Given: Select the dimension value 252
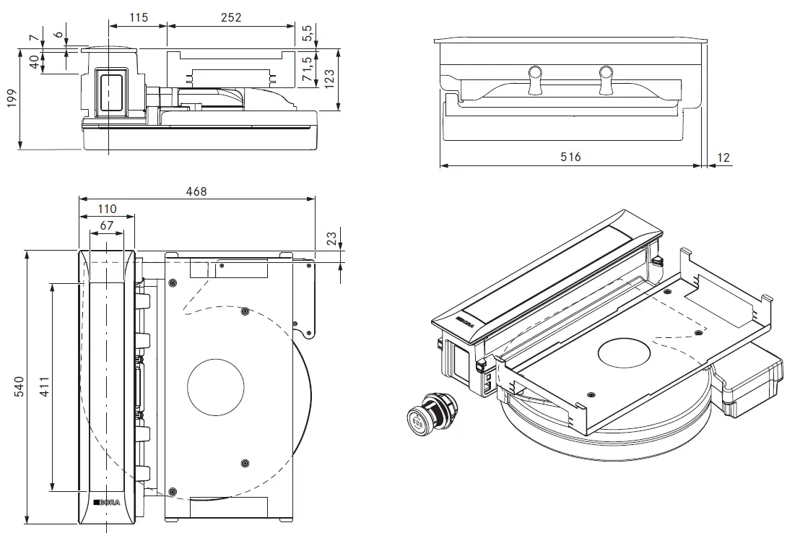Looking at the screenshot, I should pos(231,17).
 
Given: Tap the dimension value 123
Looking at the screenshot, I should pos(329,78).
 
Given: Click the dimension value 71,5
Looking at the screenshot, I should pos(307,69).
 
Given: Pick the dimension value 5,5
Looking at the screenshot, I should pos(307,33).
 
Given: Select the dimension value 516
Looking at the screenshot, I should pos(570,157).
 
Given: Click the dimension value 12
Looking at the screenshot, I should pos(724,157).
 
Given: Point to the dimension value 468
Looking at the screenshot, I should pos(196,191).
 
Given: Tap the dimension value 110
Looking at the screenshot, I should pos(106,209).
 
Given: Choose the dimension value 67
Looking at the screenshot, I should pos(106,225).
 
